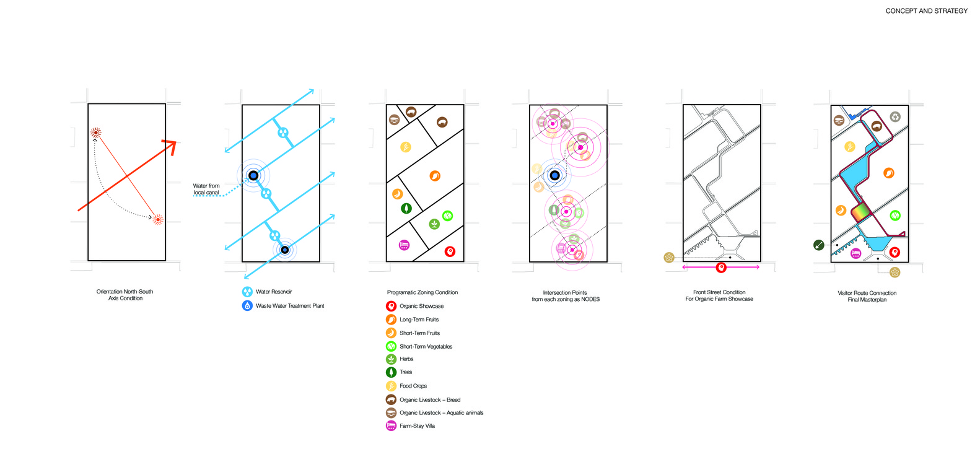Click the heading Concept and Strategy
[926, 11]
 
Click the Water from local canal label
[206, 189]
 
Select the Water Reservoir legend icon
[247, 292]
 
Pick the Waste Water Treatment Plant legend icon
[247, 306]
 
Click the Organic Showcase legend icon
[391, 307]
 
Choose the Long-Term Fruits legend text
[419, 320]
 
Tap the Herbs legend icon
[391, 359]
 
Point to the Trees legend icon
[391, 372]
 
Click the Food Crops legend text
[413, 386]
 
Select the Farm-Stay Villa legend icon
[391, 425]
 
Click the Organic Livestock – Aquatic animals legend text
[442, 413]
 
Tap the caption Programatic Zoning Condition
[422, 292]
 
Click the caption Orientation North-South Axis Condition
[125, 295]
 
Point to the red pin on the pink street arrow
[721, 268]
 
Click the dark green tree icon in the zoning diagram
[406, 208]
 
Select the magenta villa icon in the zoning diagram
[405, 245]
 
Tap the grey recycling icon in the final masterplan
[896, 117]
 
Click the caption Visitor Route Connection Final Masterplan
[867, 296]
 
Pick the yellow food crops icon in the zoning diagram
[406, 147]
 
